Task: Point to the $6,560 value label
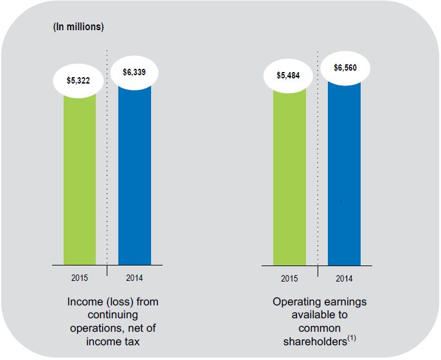pos(345,67)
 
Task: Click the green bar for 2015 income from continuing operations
pos(80,180)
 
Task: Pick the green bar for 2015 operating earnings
pos(289,180)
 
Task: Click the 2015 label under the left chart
pos(80,278)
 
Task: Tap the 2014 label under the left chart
pos(135,278)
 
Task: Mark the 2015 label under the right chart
pos(289,278)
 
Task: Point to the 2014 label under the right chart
pos(345,278)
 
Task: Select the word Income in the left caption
pos(84,301)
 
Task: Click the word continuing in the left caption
pos(113,314)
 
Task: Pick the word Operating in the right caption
pos(295,301)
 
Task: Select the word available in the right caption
pos(309,314)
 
